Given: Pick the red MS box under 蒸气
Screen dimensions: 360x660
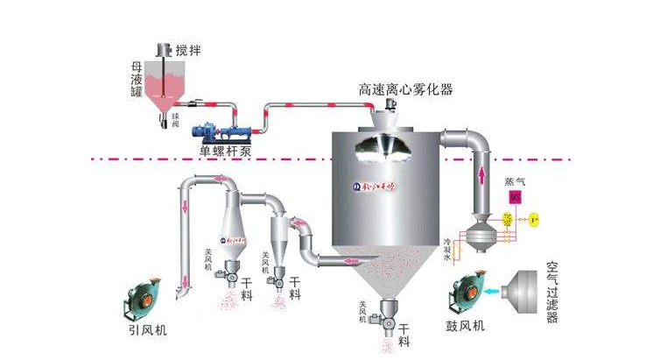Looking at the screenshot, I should click(515, 199).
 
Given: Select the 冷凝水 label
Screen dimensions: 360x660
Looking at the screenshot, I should click(447, 249).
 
